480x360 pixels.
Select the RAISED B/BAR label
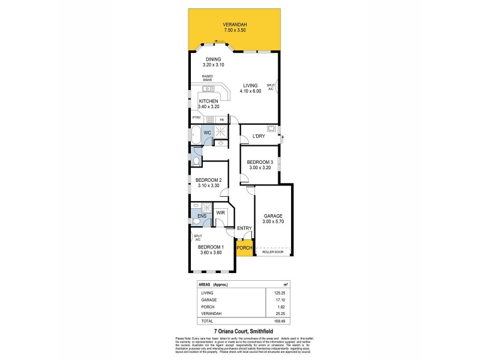click(207, 77)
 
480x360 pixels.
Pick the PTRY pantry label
click(196, 119)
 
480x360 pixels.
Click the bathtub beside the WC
click(196, 136)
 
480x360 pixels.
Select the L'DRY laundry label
click(259, 136)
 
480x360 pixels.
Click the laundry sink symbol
click(271, 128)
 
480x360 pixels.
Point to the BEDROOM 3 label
click(260, 162)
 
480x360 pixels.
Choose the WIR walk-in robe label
click(220, 212)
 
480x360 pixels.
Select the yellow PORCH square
click(244, 248)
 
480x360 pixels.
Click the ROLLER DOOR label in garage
click(274, 253)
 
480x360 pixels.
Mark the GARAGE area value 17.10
click(278, 299)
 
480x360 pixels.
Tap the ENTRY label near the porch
click(244, 228)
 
